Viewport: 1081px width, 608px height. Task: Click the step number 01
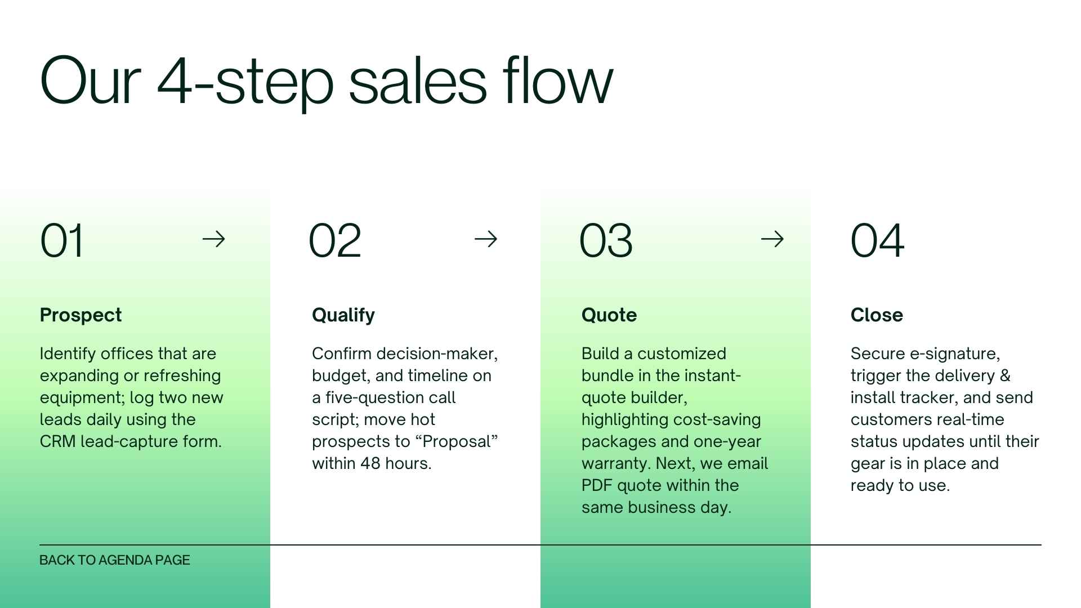(x=62, y=240)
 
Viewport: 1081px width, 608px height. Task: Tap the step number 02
(x=334, y=240)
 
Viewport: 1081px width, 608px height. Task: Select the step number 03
(x=606, y=240)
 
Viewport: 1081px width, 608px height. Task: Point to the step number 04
(x=877, y=240)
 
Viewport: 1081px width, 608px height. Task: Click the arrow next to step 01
(x=213, y=239)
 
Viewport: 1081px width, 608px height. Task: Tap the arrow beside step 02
(x=486, y=239)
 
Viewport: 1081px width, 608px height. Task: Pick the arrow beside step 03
(x=772, y=239)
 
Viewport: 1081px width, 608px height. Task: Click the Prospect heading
(x=81, y=315)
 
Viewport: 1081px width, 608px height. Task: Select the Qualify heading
(x=343, y=315)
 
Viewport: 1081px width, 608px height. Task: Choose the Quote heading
(x=609, y=315)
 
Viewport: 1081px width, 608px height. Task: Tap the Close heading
(x=877, y=315)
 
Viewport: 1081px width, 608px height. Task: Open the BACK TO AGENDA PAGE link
(x=115, y=560)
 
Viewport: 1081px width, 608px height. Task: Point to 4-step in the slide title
(x=245, y=82)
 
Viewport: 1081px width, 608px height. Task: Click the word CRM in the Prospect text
(x=57, y=441)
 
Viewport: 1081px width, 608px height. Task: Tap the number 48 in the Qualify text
(x=370, y=463)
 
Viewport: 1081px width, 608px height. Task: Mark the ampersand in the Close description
(x=1005, y=375)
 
